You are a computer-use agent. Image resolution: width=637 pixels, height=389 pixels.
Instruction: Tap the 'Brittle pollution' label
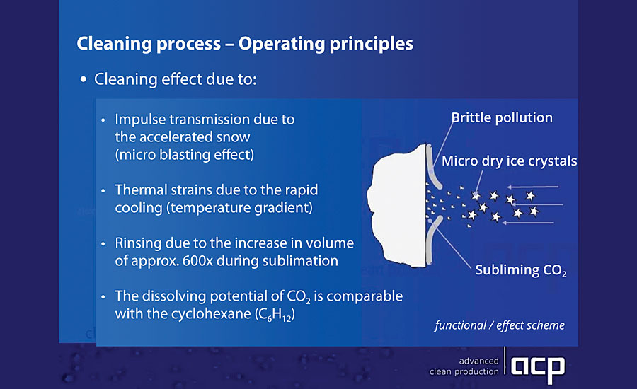click(502, 117)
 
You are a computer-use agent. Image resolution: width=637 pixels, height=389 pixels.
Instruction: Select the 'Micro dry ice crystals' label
click(510, 161)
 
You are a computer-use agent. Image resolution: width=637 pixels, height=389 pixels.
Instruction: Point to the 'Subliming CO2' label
click(521, 270)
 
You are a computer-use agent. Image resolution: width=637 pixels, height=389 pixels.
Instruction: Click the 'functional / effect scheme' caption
click(500, 325)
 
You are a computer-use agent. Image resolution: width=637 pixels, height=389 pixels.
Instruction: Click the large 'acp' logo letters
click(537, 368)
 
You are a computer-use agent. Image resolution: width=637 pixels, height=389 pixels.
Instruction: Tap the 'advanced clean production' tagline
click(464, 366)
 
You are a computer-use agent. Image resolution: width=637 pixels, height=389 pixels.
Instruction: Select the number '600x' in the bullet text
click(197, 261)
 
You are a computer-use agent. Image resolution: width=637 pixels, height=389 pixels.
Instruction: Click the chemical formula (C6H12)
click(275, 315)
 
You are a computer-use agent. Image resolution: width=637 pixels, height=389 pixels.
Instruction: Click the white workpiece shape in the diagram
click(396, 207)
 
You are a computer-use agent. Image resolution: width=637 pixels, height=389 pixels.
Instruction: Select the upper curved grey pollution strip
click(432, 166)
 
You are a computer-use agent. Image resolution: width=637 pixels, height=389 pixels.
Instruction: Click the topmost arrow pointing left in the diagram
click(532, 187)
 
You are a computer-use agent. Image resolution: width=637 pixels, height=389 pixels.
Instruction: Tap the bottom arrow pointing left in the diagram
click(528, 223)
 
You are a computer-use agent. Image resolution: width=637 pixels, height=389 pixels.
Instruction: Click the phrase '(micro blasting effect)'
click(185, 155)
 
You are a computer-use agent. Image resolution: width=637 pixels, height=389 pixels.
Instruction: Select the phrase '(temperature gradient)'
click(240, 208)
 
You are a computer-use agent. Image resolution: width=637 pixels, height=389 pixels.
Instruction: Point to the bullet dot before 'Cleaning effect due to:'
click(84, 80)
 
